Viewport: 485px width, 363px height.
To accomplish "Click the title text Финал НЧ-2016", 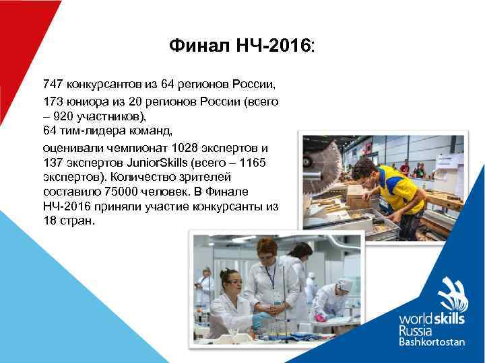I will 242,46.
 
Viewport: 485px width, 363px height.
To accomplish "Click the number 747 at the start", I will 52,85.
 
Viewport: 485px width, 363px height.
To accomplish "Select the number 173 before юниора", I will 52,101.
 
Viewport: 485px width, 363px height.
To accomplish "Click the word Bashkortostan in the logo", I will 441,341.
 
